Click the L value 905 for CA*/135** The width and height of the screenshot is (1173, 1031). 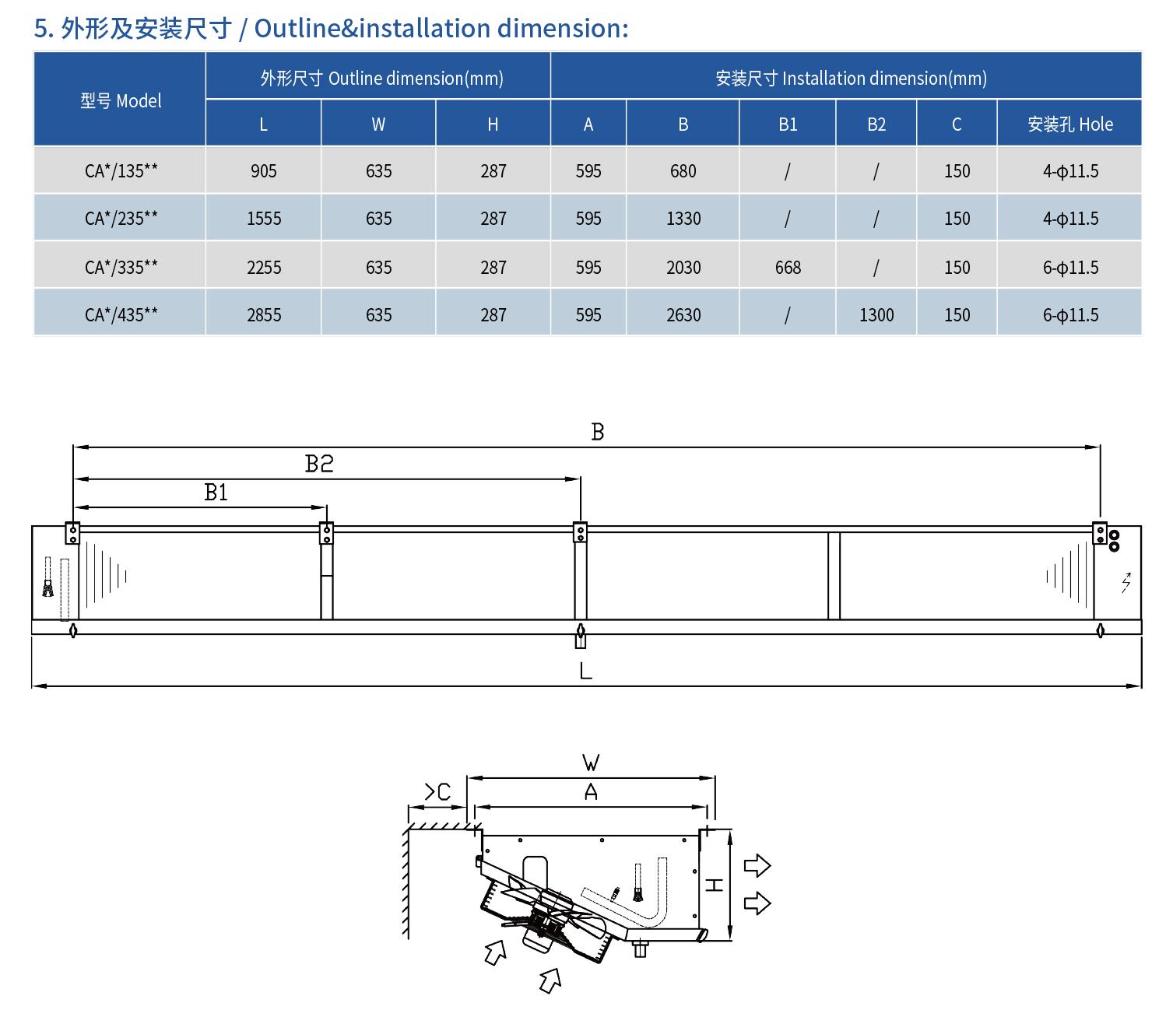coord(264,171)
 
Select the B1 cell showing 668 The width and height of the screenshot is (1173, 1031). coord(788,268)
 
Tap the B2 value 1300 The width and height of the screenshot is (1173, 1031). coord(876,315)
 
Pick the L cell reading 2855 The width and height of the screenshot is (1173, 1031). coord(264,315)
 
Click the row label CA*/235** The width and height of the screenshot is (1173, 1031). coord(121,219)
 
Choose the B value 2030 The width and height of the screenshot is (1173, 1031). coord(683,268)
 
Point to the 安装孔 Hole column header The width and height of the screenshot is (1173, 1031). coord(1069,124)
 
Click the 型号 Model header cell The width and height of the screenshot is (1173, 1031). coord(121,100)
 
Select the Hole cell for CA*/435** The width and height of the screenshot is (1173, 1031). coord(1070,315)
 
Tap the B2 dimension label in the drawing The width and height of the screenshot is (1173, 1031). coord(319,464)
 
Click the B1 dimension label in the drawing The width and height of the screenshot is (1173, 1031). coord(216,493)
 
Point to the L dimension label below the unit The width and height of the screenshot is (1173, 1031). coord(586,671)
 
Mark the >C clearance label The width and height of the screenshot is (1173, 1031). coord(437,792)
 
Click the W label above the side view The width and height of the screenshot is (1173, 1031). coord(591,762)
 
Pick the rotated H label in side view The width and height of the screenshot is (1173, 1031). coord(714,885)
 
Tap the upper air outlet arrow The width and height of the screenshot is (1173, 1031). coord(757,865)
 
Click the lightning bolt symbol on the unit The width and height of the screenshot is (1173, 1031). coord(1126,582)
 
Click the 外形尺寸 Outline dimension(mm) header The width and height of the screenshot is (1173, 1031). coord(381,79)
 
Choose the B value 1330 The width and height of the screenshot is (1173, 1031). coord(683,219)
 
